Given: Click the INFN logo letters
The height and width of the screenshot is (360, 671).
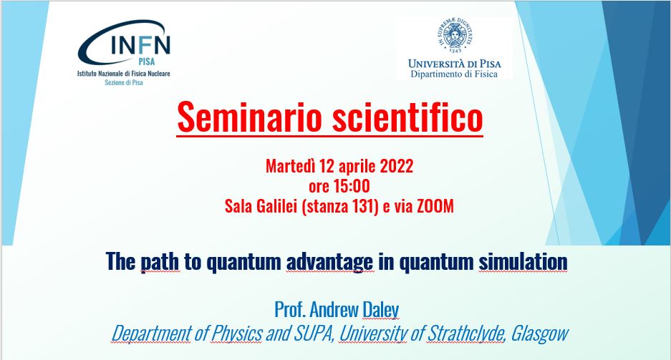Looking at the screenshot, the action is click(140, 44).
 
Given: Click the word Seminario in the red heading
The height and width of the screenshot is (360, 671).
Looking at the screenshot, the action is click(249, 117).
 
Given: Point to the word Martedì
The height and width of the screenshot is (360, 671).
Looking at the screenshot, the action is click(291, 166).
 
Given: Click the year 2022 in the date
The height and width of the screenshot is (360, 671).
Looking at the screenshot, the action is click(397, 166).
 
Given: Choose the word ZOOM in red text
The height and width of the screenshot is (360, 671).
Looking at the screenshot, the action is click(435, 206).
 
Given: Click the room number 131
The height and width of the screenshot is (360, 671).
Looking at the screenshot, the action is click(366, 207).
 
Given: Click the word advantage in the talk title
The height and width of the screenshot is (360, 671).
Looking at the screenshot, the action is click(329, 262).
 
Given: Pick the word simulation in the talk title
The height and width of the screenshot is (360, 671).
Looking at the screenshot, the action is click(523, 261).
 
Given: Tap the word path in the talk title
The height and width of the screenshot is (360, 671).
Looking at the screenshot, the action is click(160, 262).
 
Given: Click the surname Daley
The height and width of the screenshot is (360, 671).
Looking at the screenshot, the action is click(380, 310).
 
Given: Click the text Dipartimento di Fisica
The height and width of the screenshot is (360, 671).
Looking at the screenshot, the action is click(454, 74).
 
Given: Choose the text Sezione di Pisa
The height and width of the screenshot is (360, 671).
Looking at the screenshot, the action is click(124, 82).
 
